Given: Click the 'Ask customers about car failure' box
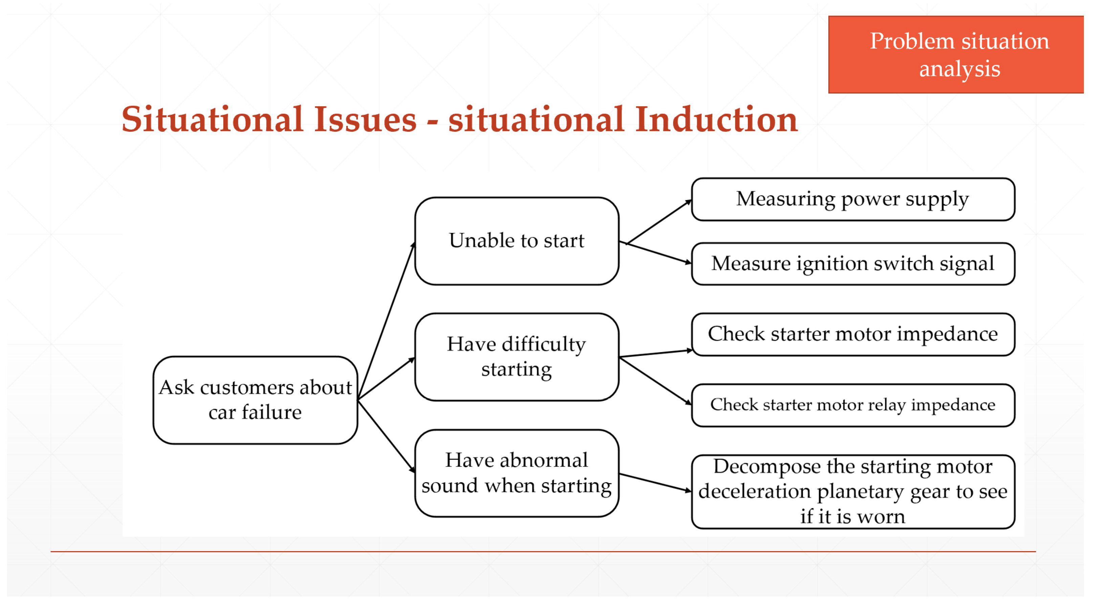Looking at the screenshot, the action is pyautogui.click(x=255, y=400).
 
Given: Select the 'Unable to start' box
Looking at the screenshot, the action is pyautogui.click(x=516, y=241).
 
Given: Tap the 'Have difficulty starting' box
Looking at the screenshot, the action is pyautogui.click(x=516, y=357).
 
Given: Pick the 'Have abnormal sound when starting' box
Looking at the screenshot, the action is pyautogui.click(x=516, y=473).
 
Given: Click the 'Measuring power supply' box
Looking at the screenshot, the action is pyautogui.click(x=853, y=199).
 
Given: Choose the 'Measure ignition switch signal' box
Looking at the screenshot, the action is pyautogui.click(x=853, y=263).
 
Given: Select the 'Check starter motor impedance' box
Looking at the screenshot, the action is pyautogui.click(x=853, y=334).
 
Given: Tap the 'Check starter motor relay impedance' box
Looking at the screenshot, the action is pyautogui.click(x=853, y=405).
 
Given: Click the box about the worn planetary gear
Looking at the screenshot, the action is pyautogui.click(x=853, y=492).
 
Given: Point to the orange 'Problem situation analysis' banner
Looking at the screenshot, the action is pyautogui.click(x=956, y=54).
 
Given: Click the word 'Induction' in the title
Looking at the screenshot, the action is pyautogui.click(x=716, y=119).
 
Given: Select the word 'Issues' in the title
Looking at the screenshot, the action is pyautogui.click(x=365, y=119).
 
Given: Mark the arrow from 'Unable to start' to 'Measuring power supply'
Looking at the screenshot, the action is pyautogui.click(x=659, y=221).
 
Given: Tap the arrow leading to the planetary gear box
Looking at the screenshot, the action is pyautogui.click(x=655, y=483).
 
